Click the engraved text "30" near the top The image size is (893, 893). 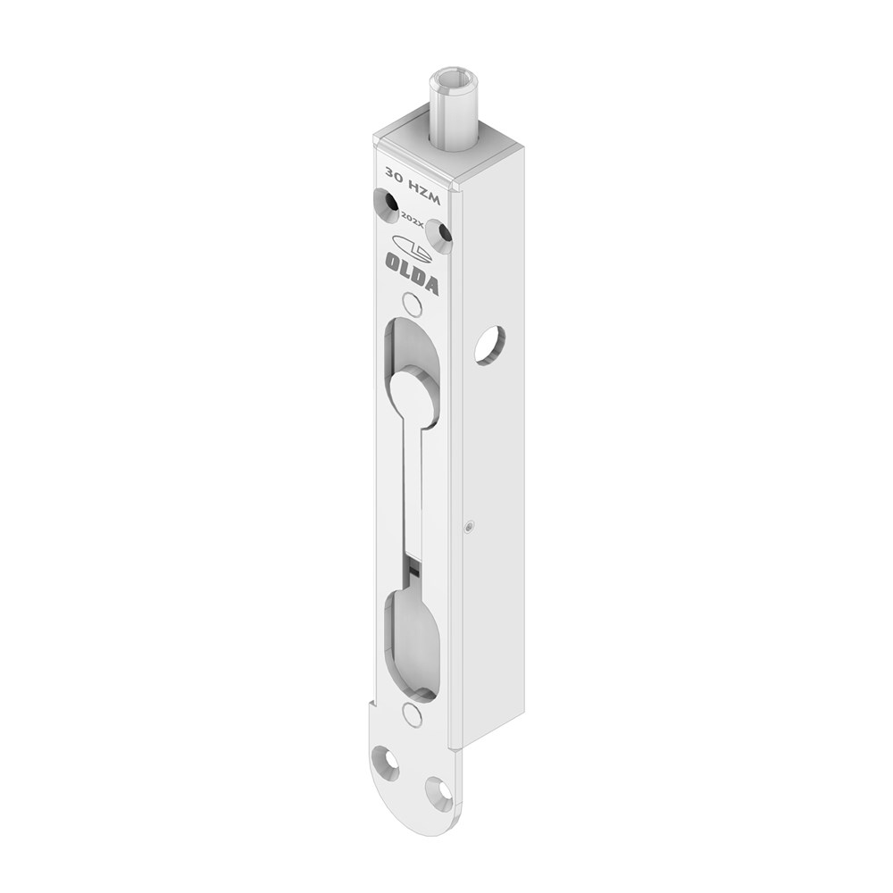[x=394, y=172]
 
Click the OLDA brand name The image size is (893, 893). [x=413, y=272]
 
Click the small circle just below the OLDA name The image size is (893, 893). [x=412, y=303]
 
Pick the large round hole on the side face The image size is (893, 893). [x=489, y=345]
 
